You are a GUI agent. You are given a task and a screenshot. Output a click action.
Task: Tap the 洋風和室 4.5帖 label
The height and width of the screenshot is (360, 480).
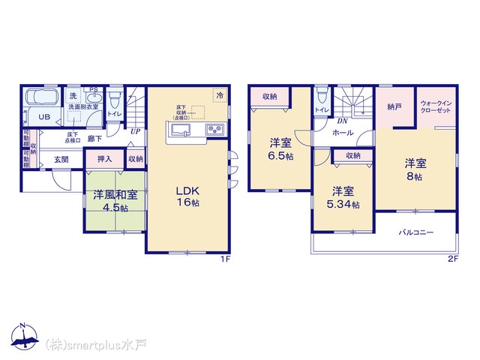(x=115, y=201)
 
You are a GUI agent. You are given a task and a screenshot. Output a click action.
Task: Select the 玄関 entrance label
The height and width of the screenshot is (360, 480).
(x=61, y=159)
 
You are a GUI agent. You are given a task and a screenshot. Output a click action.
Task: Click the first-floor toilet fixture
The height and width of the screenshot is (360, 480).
(x=115, y=99)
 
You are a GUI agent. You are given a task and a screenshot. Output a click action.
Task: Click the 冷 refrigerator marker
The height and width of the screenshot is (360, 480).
(x=220, y=96)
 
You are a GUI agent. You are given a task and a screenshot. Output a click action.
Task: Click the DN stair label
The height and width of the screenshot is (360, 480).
(x=341, y=120)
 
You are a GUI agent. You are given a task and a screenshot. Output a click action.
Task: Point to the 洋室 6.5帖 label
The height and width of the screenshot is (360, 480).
(x=282, y=148)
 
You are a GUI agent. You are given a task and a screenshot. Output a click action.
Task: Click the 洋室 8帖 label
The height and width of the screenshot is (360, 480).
(x=415, y=169)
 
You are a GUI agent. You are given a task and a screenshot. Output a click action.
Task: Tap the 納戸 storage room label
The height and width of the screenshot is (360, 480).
(x=394, y=107)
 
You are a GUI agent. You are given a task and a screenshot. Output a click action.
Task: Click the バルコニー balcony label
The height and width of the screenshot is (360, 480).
(x=416, y=233)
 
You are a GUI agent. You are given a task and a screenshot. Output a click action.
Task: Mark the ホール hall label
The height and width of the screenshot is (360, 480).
(x=343, y=132)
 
